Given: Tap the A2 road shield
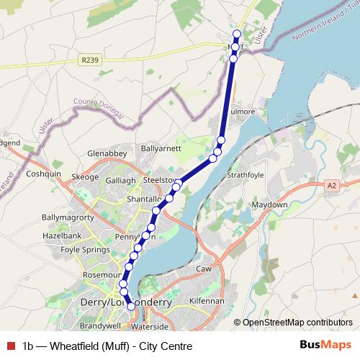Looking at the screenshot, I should [330, 185].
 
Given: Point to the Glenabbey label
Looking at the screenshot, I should [107, 153].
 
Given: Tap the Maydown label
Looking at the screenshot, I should [269, 204].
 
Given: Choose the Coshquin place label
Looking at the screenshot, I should [44, 174].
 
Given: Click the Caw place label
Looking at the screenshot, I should [203, 269].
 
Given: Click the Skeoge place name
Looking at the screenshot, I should [85, 177].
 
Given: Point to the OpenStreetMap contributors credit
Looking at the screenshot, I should [298, 323].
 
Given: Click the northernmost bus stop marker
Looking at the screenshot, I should [237, 34].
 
